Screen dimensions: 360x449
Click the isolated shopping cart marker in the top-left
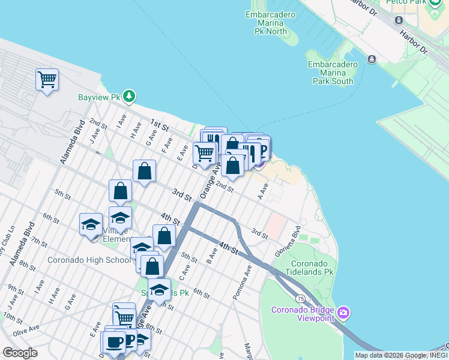tap(47, 80)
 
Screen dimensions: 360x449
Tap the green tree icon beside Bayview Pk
tap(129, 97)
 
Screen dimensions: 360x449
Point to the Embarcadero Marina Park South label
tap(330, 73)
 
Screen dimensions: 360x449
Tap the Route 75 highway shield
tap(300, 298)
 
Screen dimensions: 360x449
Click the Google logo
tap(20, 353)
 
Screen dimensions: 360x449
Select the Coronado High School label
tap(89, 260)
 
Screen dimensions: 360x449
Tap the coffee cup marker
tap(113, 342)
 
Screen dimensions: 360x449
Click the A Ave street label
tap(262, 192)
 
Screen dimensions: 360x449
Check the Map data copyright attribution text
tap(401, 355)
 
